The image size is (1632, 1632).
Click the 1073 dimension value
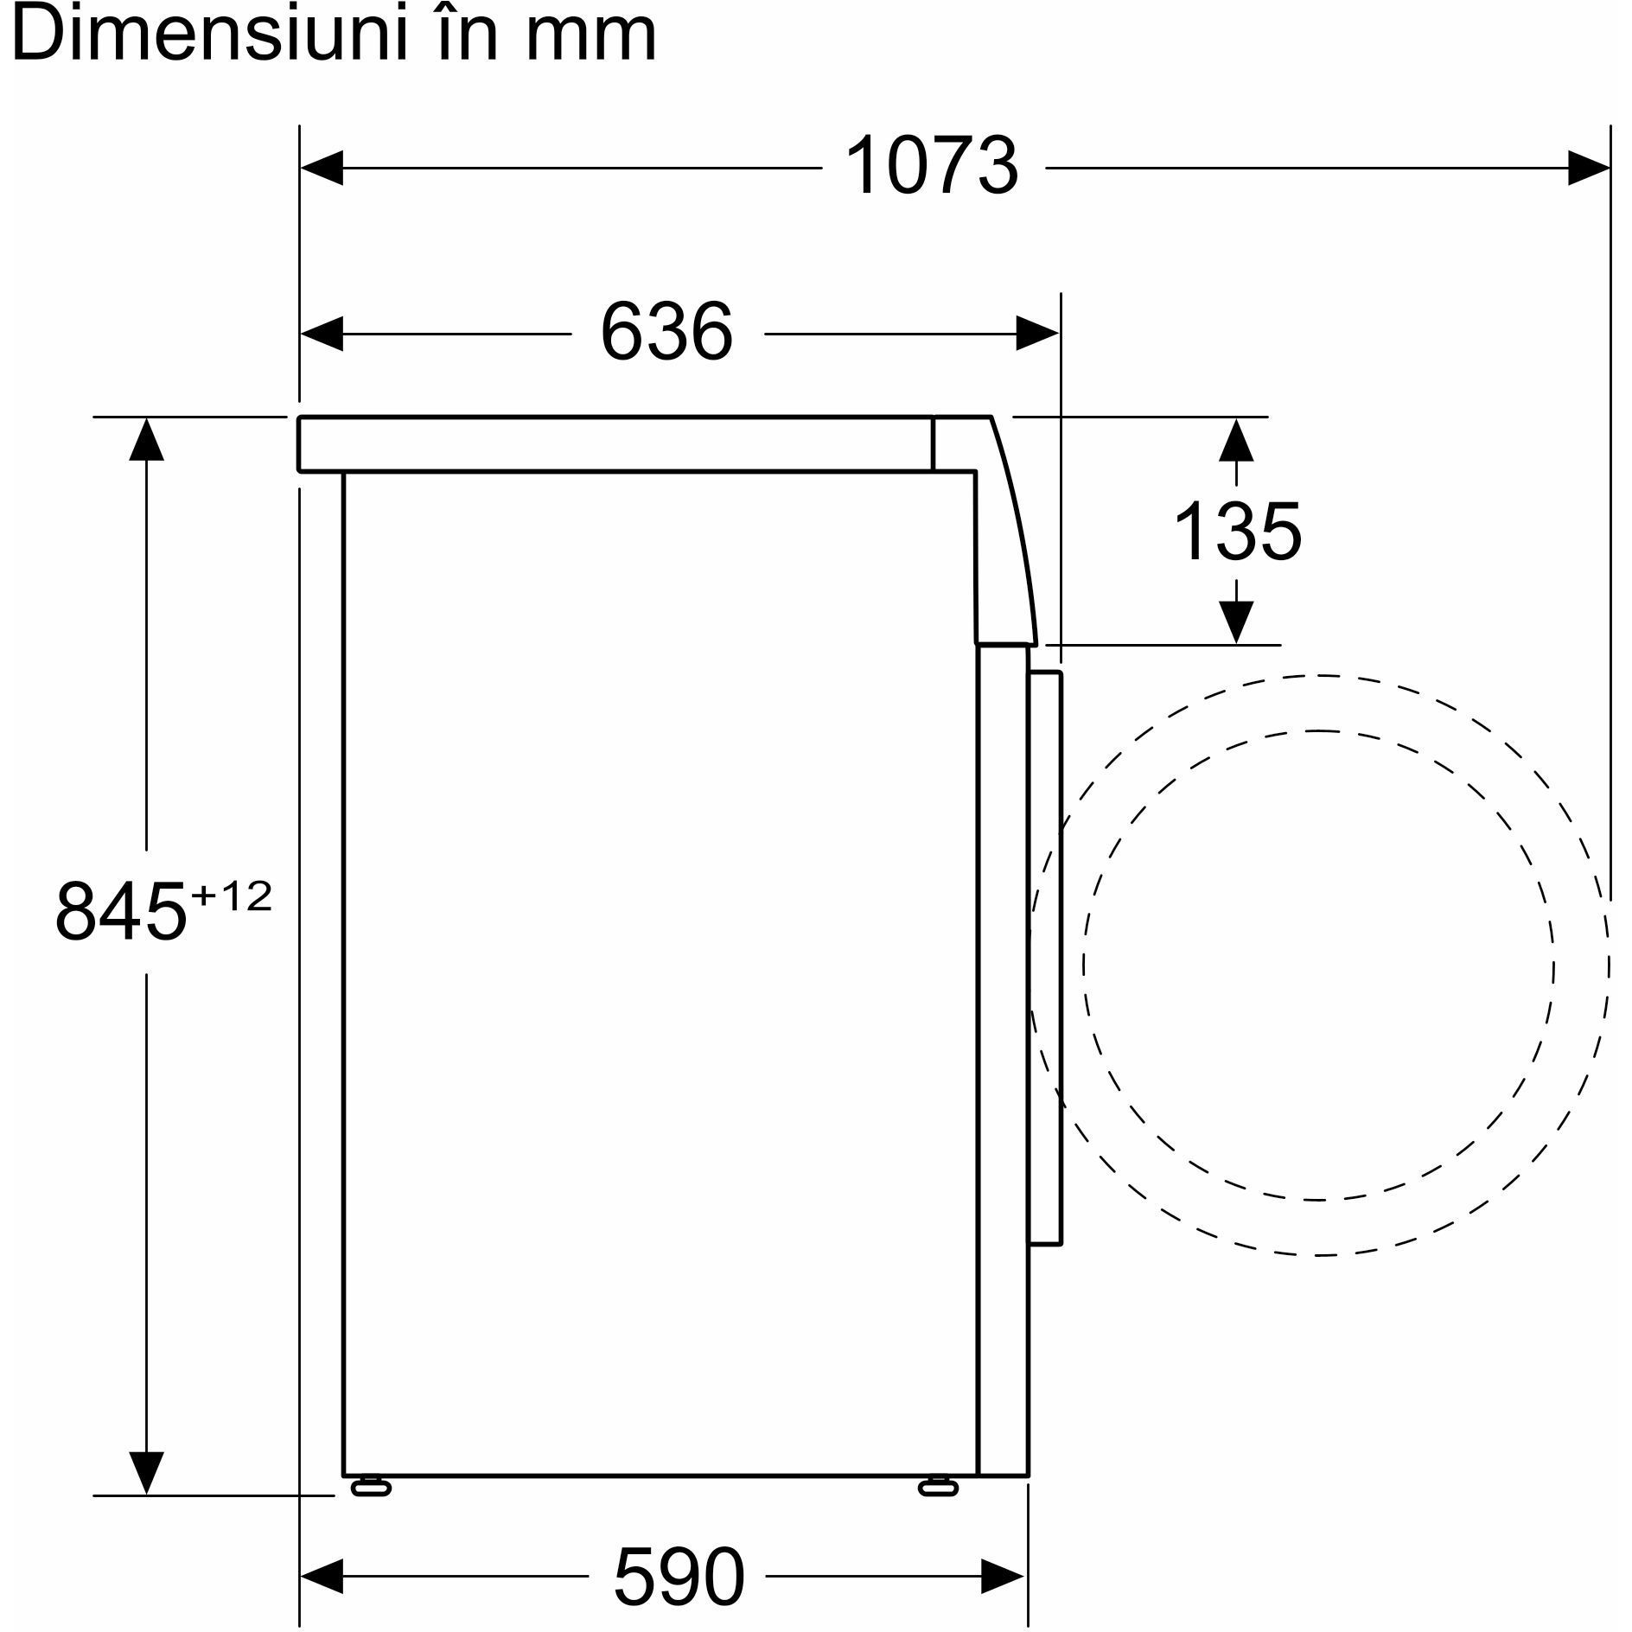(932, 167)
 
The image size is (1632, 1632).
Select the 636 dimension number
(666, 333)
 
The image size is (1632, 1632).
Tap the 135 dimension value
(1238, 532)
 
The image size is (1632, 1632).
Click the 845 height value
(120, 912)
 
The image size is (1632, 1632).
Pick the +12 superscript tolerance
(232, 896)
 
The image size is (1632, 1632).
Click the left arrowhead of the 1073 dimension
(322, 168)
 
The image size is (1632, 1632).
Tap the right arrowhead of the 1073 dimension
(1589, 168)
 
